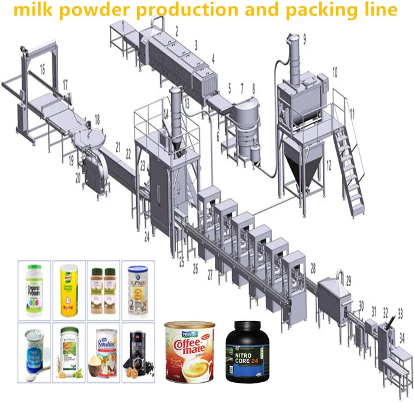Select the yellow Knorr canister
click(x=68, y=292)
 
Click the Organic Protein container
click(x=34, y=291)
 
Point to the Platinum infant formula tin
click(x=137, y=291)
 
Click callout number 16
click(x=42, y=70)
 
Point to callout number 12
click(x=328, y=162)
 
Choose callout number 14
click(x=166, y=113)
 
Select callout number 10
click(x=334, y=71)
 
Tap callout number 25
click(x=182, y=263)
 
